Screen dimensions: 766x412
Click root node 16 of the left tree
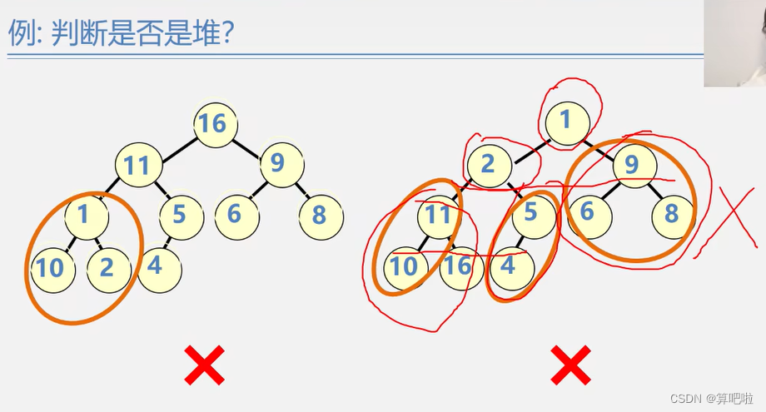pyautogui.click(x=213, y=124)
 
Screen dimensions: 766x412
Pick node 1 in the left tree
pyautogui.click(x=84, y=216)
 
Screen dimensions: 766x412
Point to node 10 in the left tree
pyautogui.click(x=49, y=267)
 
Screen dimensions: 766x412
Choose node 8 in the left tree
pyautogui.click(x=319, y=216)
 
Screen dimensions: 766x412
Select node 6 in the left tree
pyautogui.click(x=235, y=215)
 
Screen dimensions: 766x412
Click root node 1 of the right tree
pyautogui.click(x=565, y=122)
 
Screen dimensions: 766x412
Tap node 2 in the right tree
pyautogui.click(x=488, y=164)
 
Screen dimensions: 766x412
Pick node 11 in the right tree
pyautogui.click(x=438, y=216)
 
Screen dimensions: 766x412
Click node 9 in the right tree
pyautogui.click(x=632, y=164)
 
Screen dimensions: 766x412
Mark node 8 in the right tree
pyautogui.click(x=671, y=215)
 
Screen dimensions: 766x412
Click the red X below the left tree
pyautogui.click(x=204, y=365)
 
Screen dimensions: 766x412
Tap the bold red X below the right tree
pyautogui.click(x=570, y=365)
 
